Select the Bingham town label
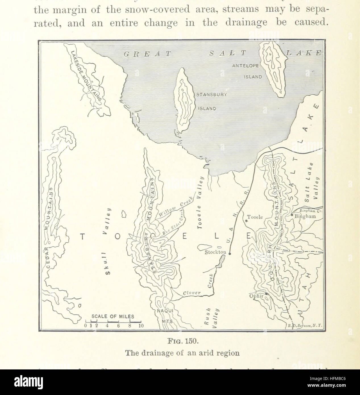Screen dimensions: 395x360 click(305, 216)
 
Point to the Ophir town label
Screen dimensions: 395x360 click(256, 297)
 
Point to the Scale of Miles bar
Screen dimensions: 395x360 click(113, 321)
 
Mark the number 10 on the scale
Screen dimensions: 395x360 click(141, 326)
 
